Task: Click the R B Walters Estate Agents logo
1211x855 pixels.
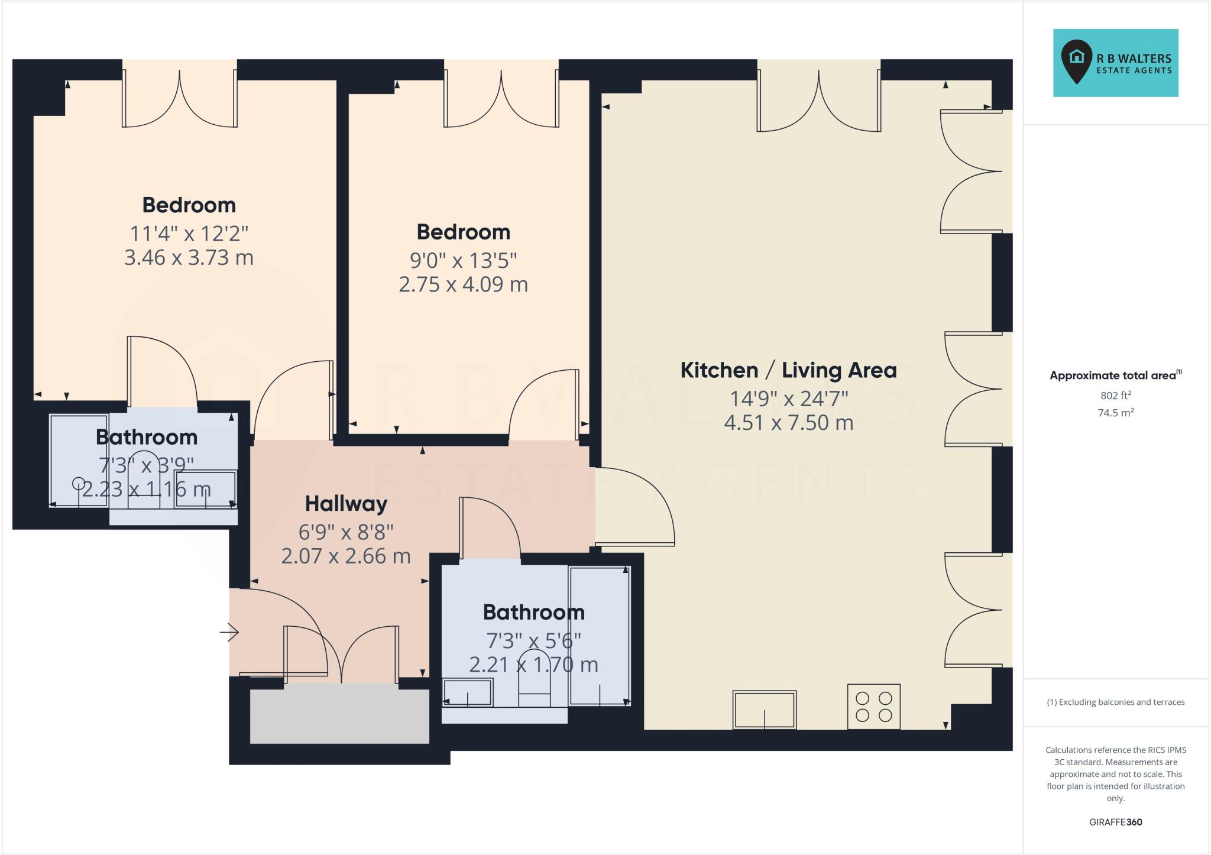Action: click(x=1115, y=63)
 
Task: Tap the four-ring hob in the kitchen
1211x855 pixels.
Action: click(x=873, y=707)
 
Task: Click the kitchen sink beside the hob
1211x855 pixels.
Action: click(x=765, y=710)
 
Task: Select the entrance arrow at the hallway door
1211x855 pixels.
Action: click(x=229, y=633)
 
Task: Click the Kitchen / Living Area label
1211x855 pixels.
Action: click(x=788, y=371)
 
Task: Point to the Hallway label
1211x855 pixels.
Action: click(x=346, y=504)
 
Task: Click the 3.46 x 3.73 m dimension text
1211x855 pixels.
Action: click(x=189, y=258)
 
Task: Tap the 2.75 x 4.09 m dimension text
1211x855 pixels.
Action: click(x=463, y=284)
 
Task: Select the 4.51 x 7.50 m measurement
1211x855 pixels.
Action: click(x=788, y=423)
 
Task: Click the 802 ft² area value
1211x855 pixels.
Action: click(x=1115, y=396)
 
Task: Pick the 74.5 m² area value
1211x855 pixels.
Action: click(x=1115, y=413)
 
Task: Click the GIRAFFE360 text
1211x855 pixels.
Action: click(x=1115, y=822)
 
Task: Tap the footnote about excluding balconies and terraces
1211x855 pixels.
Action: click(x=1115, y=702)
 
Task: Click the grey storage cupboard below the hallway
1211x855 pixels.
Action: click(x=339, y=716)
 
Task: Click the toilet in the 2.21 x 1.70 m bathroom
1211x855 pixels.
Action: click(x=534, y=686)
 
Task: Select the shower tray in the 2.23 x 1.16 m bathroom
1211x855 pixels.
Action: click(x=79, y=461)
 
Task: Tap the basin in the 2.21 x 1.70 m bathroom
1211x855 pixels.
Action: click(x=467, y=693)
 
